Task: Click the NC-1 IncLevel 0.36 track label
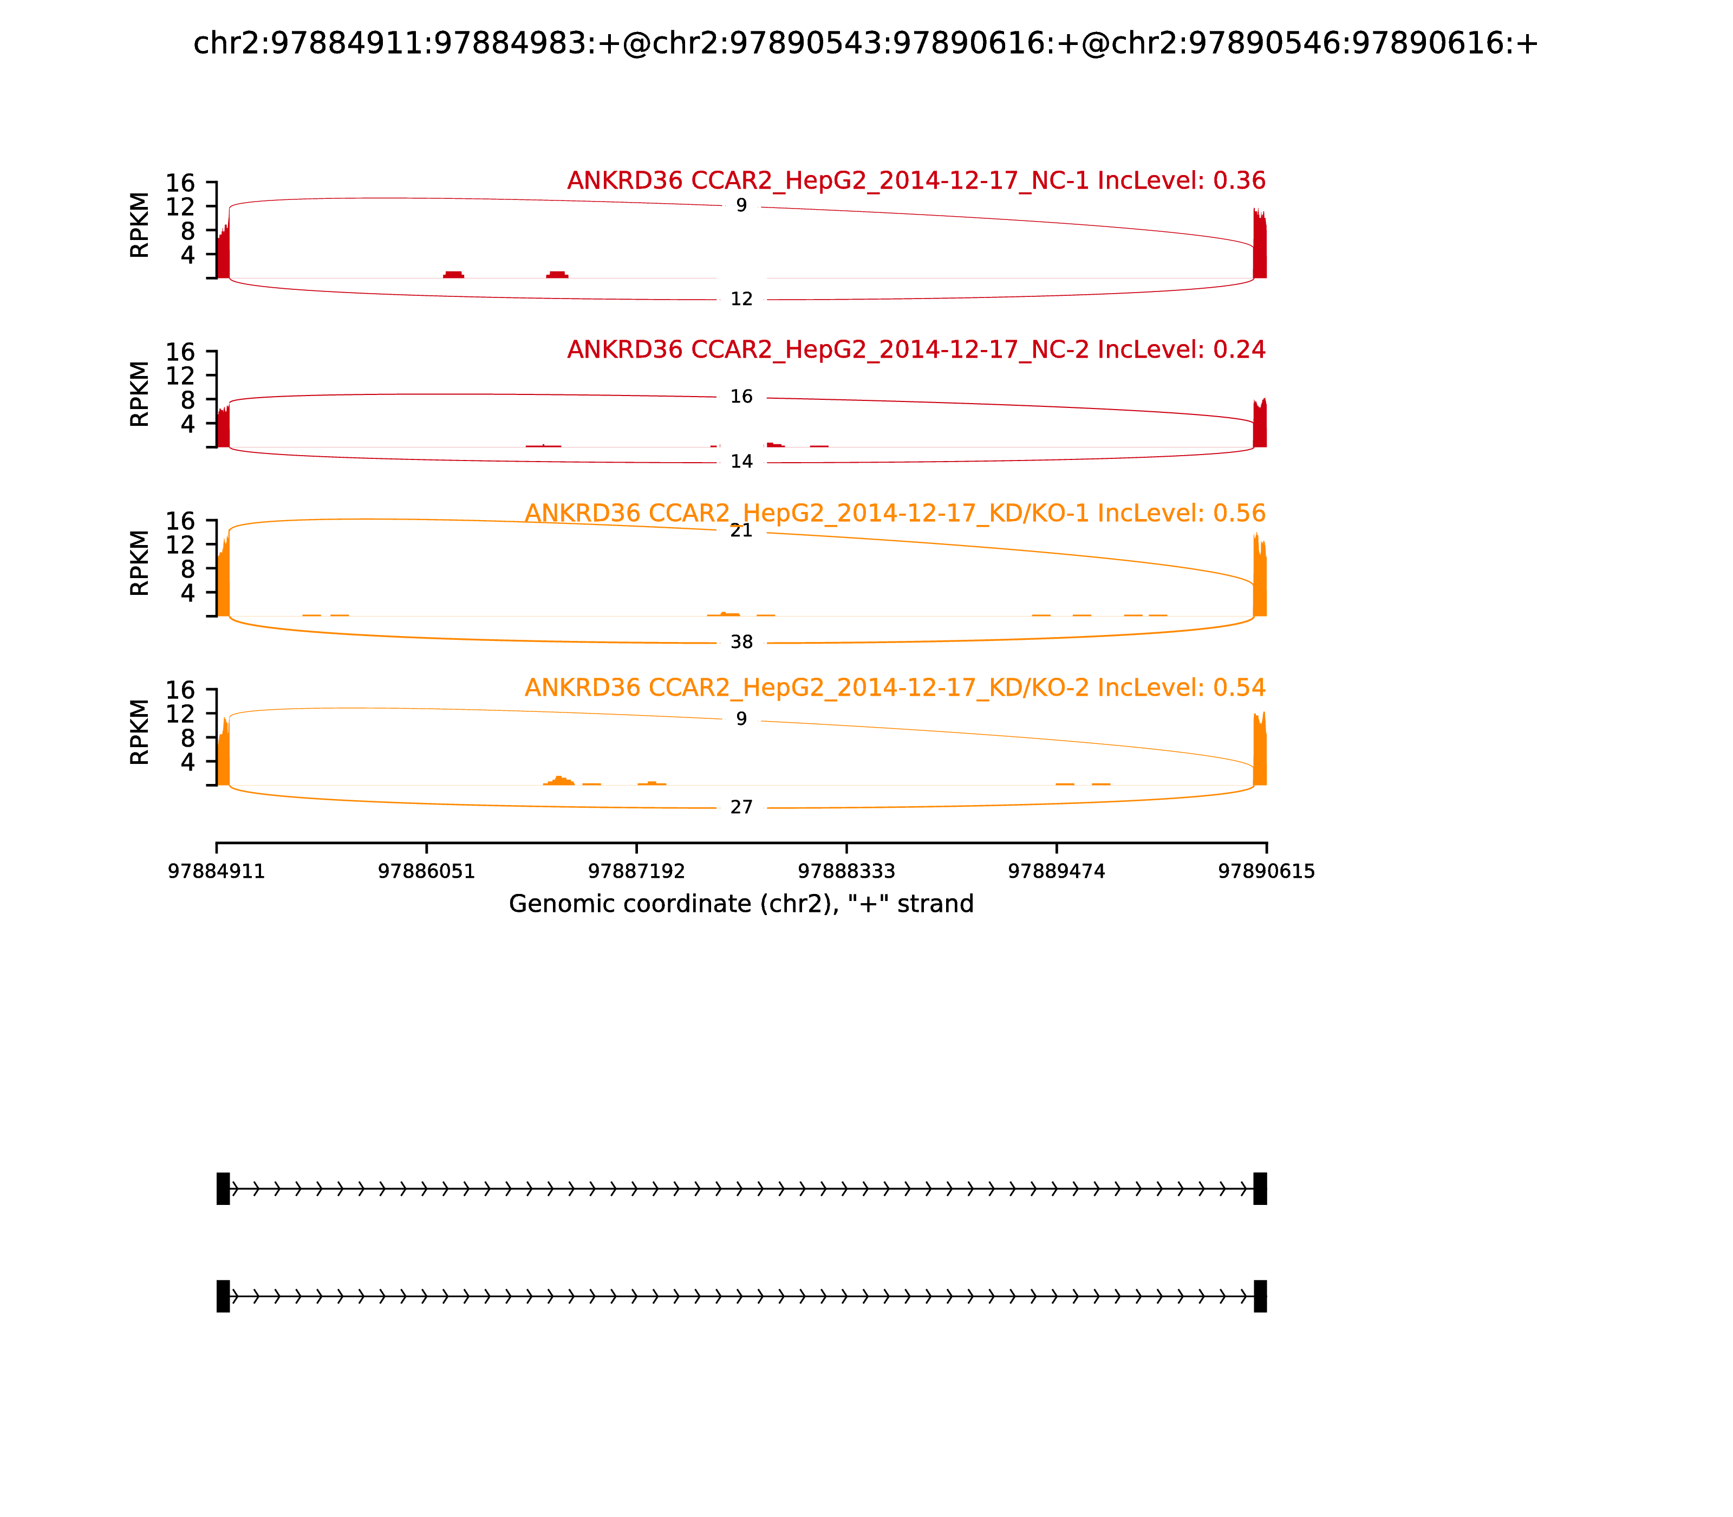916,180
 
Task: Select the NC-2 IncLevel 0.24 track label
916,349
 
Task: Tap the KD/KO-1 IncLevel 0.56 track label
895,513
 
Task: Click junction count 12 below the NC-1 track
741,299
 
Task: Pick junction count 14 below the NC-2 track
741,462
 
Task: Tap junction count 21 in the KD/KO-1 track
741,531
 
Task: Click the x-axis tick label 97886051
427,871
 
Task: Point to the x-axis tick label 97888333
846,871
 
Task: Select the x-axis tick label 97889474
1056,871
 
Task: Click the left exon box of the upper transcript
223,1189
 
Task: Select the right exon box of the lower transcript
1260,1296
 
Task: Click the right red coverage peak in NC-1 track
1259,245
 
